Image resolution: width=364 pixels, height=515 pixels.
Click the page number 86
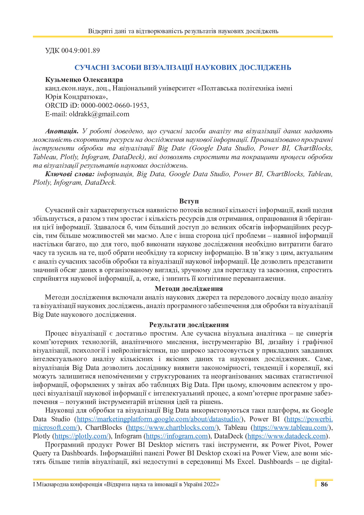[x=324, y=484]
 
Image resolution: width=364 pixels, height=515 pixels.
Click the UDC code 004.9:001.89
[x=80, y=51]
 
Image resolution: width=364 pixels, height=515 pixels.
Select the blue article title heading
[x=183, y=68]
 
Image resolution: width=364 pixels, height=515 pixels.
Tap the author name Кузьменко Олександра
[x=84, y=80]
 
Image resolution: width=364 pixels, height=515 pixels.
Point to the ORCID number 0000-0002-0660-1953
[x=114, y=105]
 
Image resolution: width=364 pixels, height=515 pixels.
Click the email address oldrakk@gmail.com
[x=99, y=114]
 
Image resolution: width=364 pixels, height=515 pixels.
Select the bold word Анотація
[x=62, y=131]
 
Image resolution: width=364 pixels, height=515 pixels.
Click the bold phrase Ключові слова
[x=70, y=174]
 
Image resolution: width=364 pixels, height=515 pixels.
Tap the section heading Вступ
[x=189, y=201]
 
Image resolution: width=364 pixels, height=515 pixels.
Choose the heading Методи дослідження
[x=189, y=289]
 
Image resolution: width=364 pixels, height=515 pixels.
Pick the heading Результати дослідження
[x=189, y=325]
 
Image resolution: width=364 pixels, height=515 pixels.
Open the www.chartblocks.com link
[x=173, y=428]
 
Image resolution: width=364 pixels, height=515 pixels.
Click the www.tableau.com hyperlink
[x=291, y=428]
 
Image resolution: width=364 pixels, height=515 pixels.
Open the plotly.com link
[x=82, y=436]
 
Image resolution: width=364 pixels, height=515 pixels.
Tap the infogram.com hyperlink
[x=177, y=436]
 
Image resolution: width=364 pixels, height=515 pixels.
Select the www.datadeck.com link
[x=287, y=436]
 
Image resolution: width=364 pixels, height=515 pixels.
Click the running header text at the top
[x=183, y=31]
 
